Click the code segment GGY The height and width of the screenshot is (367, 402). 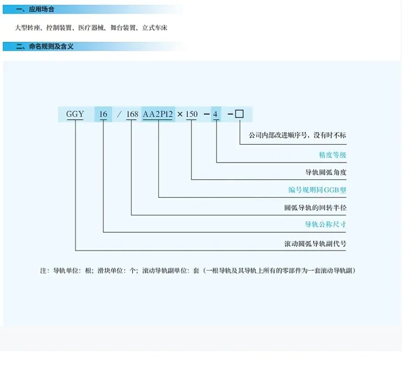[75, 114]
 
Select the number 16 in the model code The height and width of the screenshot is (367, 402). [103, 114]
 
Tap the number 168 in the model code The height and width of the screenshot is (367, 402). [132, 114]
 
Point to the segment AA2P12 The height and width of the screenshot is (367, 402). [158, 114]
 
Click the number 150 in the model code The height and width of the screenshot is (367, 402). [191, 114]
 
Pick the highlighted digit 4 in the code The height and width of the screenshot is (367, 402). [215, 114]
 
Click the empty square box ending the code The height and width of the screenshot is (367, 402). [239, 114]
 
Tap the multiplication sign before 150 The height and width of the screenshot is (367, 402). [180, 114]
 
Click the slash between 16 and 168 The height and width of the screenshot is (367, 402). [119, 114]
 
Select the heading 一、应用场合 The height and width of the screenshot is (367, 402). [35, 9]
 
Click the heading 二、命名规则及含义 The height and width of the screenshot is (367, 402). [45, 46]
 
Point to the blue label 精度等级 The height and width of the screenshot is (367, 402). [332, 155]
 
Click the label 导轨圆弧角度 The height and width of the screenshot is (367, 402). [326, 172]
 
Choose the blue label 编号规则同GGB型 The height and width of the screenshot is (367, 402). [317, 190]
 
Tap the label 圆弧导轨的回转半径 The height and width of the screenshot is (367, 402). [316, 207]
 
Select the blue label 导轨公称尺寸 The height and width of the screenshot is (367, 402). [325, 225]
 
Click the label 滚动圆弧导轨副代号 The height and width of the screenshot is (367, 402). [316, 244]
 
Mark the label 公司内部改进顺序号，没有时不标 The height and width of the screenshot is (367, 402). [298, 135]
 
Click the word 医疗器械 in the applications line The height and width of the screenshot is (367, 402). [91, 28]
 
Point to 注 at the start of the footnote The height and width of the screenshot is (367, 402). [43, 271]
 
